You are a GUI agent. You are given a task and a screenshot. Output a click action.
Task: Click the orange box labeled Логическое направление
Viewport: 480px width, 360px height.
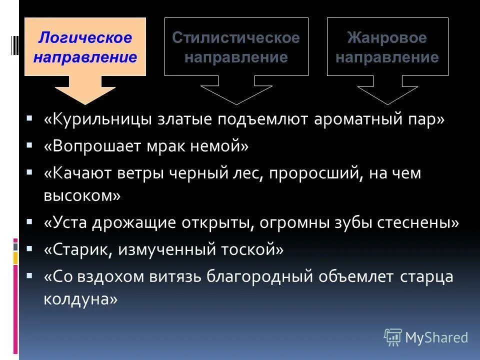pos(85,47)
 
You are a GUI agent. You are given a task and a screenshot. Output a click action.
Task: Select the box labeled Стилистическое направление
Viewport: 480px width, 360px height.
pos(236,47)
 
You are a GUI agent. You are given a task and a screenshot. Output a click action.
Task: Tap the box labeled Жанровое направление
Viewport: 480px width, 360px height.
pos(387,47)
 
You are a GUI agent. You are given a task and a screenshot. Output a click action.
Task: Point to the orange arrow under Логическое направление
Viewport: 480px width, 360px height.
pos(85,90)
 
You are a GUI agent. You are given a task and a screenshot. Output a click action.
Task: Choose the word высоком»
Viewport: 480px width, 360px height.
pos(82,195)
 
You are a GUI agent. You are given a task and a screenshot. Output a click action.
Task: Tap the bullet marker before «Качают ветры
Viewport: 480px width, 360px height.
pos(30,171)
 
